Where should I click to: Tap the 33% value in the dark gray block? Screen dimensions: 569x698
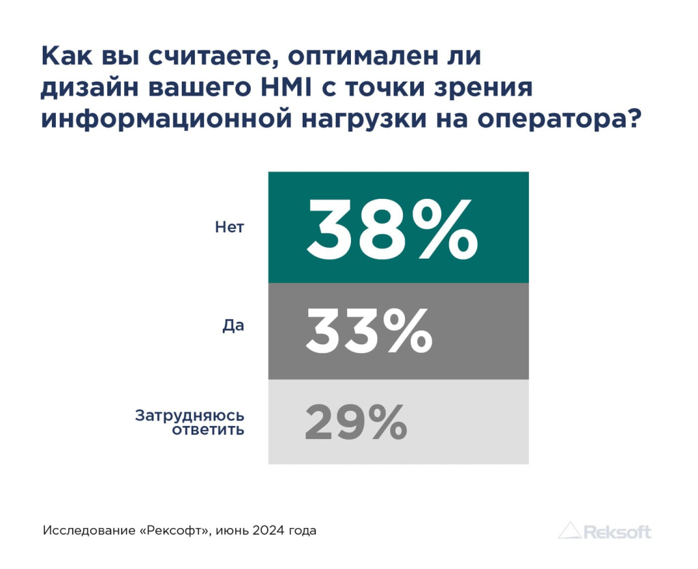[368, 331]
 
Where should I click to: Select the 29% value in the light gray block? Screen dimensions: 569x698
[355, 422]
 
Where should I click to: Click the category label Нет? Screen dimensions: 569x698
[229, 228]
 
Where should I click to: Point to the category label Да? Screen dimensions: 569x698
[233, 326]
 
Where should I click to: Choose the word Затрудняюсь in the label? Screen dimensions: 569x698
[189, 414]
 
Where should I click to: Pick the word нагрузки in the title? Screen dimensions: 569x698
[374, 118]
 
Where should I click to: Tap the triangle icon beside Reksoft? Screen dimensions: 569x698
[570, 530]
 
